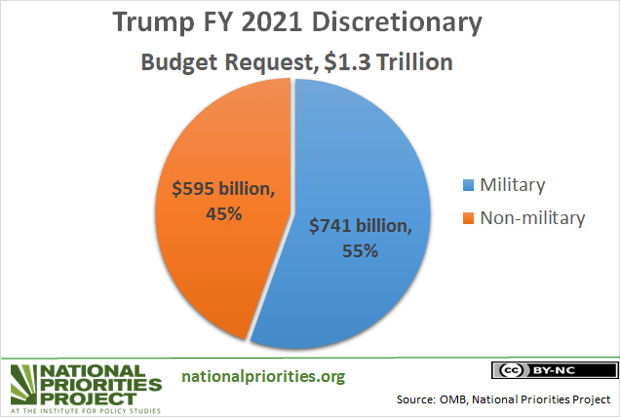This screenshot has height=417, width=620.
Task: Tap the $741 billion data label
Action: (x=362, y=226)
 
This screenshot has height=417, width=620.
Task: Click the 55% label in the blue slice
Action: (x=359, y=250)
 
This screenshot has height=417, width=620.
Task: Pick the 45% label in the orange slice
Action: (x=222, y=213)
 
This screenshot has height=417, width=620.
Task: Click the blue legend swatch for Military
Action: (x=467, y=185)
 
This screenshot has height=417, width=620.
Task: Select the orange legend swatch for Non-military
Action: (x=467, y=217)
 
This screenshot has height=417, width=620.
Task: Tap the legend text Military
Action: (x=513, y=185)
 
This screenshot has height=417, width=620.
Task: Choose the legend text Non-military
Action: (x=532, y=217)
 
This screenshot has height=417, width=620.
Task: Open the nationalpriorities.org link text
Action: (x=263, y=376)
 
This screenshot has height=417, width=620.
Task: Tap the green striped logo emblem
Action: (x=26, y=383)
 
